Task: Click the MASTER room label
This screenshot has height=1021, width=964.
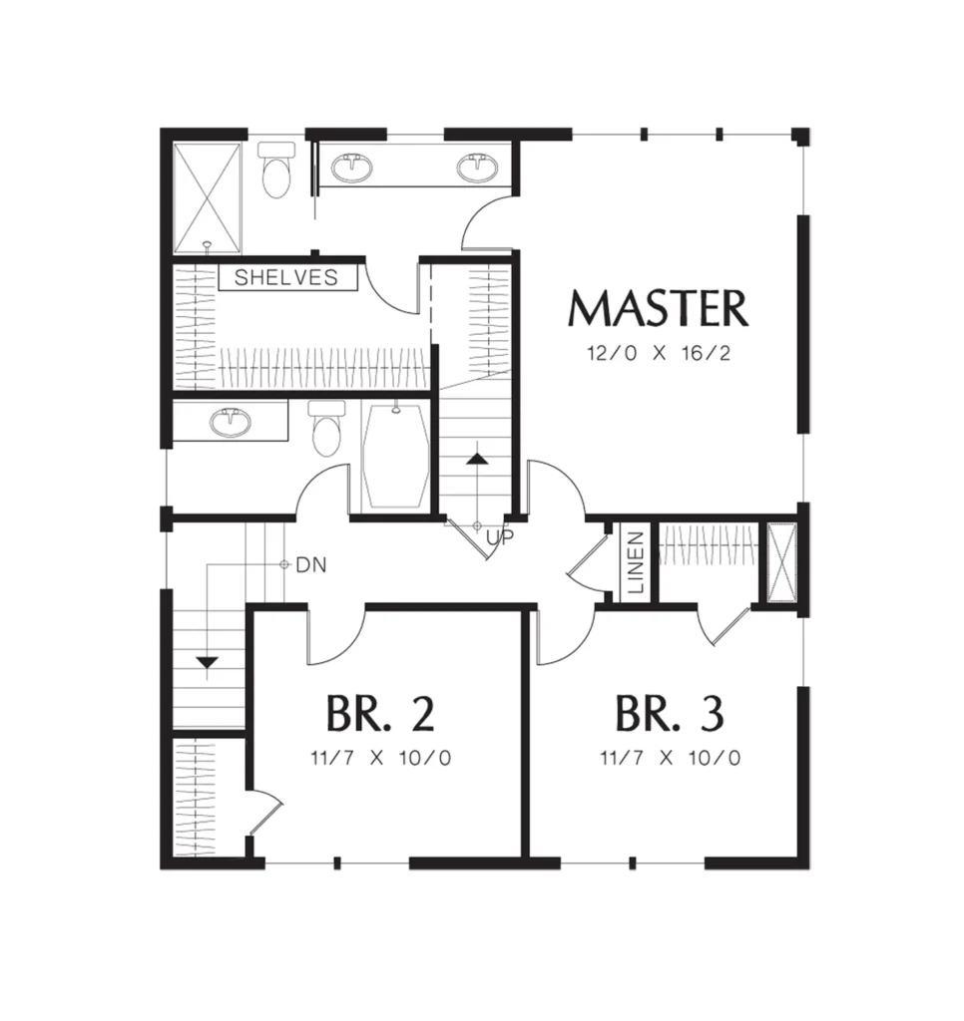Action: tap(659, 308)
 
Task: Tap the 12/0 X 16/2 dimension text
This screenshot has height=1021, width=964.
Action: tap(659, 354)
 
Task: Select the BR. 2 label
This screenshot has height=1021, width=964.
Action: tap(380, 714)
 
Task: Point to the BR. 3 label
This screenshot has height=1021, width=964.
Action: tap(670, 714)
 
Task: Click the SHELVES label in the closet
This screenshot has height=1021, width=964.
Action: tap(286, 277)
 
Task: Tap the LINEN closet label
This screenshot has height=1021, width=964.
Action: tap(636, 562)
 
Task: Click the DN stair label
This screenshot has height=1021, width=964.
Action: tap(311, 565)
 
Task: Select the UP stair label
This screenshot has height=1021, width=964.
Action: tap(500, 536)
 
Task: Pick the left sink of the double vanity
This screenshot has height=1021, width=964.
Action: tap(352, 168)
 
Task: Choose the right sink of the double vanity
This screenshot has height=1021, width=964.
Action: tap(478, 168)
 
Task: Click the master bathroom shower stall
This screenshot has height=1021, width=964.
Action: tap(208, 198)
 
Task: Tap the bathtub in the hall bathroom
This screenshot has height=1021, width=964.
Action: tap(395, 456)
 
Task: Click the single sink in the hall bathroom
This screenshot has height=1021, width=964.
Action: tap(230, 422)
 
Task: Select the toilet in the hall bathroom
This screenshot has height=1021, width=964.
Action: tap(326, 429)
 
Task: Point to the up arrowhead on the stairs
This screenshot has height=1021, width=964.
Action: tap(478, 458)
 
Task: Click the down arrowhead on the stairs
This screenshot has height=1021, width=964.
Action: tap(208, 663)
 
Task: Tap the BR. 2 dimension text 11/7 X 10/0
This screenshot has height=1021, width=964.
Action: tap(380, 758)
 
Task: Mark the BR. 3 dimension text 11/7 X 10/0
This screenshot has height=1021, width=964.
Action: tap(670, 758)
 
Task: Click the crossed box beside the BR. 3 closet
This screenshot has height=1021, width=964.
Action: tap(781, 562)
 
